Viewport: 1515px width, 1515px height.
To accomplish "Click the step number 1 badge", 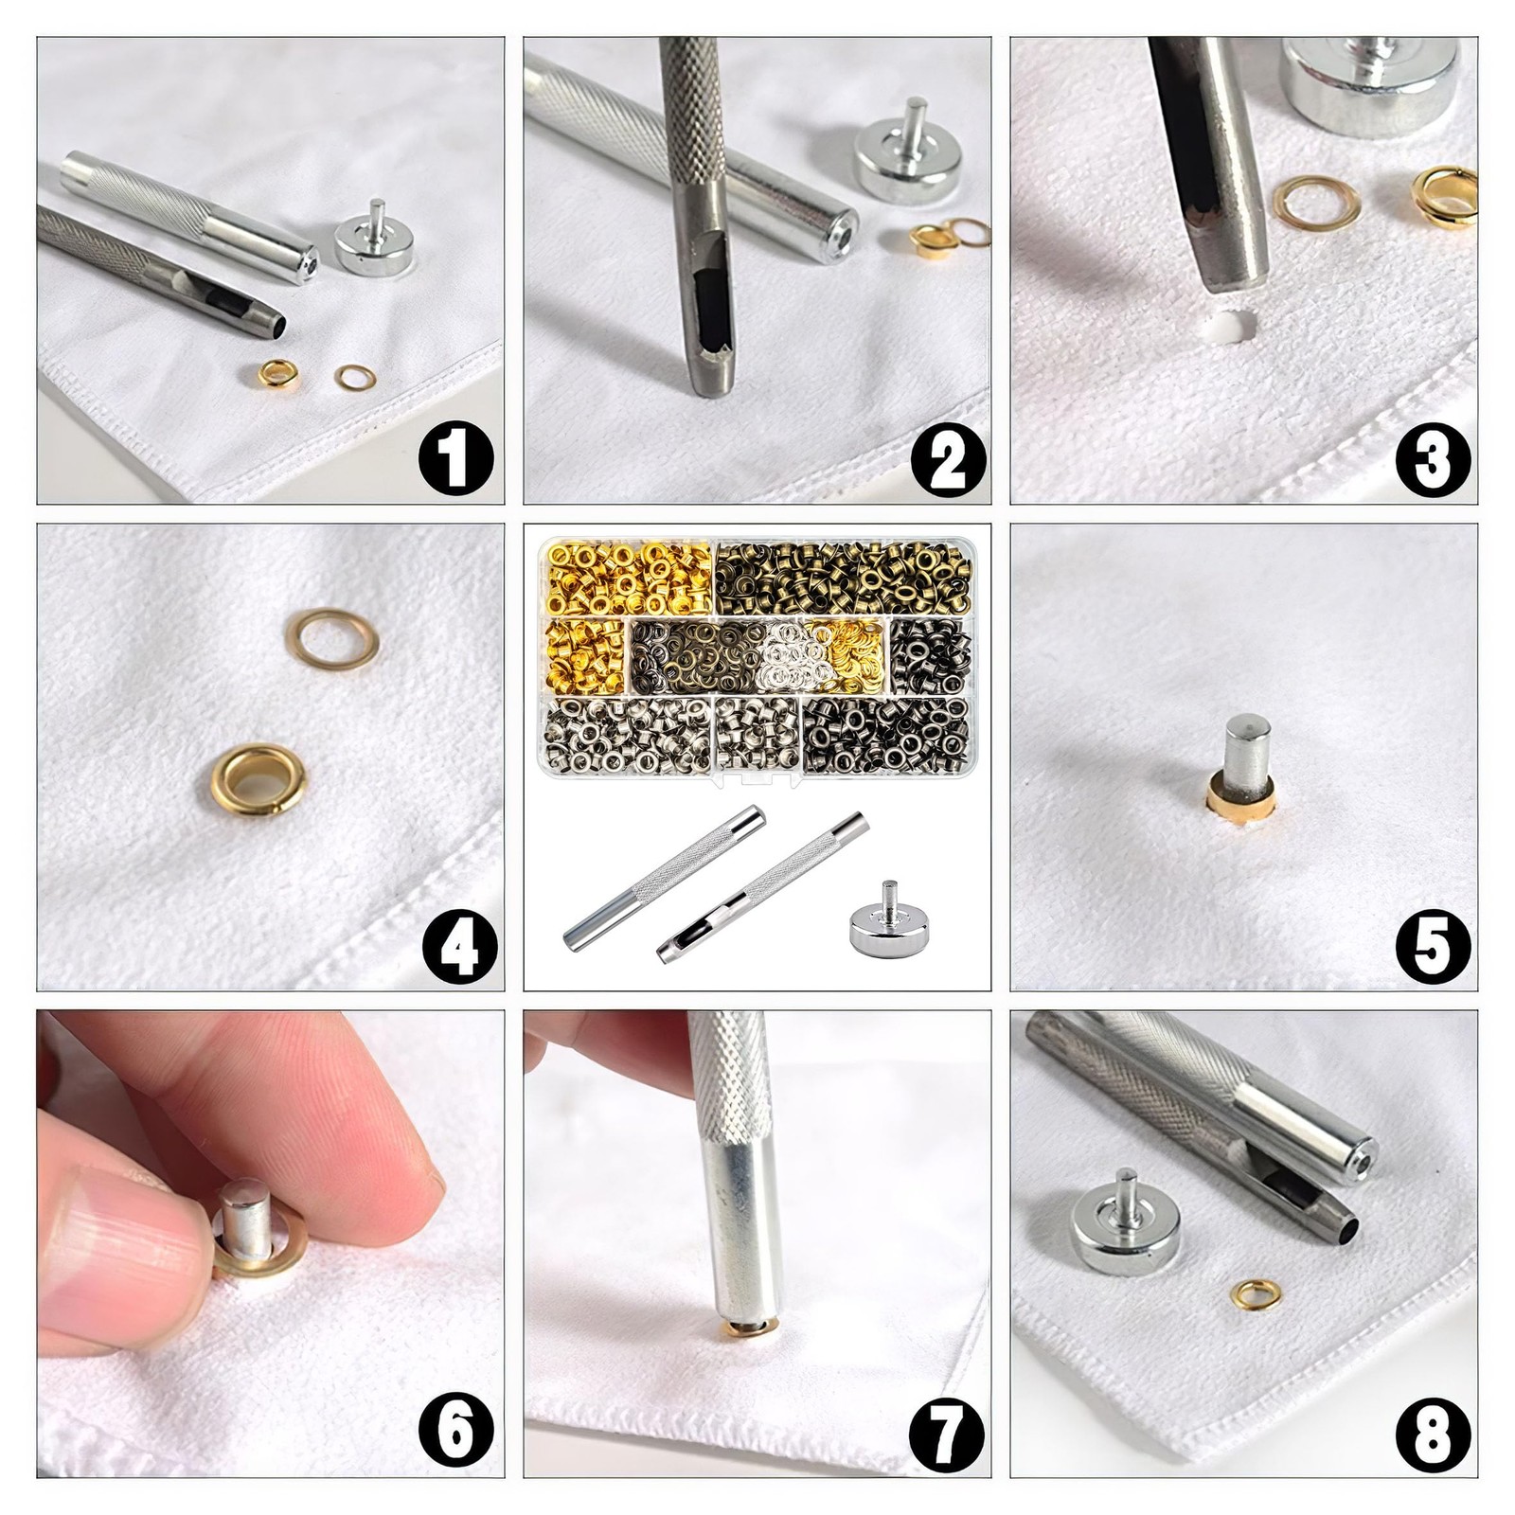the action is [x=456, y=457].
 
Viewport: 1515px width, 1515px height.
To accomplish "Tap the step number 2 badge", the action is [x=948, y=457].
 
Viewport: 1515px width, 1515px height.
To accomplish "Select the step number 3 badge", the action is [x=1433, y=458].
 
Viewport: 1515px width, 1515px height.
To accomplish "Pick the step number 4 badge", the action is [x=459, y=946].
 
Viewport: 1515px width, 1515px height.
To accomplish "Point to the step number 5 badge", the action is [x=1433, y=946].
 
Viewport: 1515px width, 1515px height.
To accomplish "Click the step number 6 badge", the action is [x=456, y=1431].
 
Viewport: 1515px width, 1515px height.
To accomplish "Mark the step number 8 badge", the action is [x=1433, y=1431].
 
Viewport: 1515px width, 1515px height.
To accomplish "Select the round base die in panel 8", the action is [x=1125, y=1228].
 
